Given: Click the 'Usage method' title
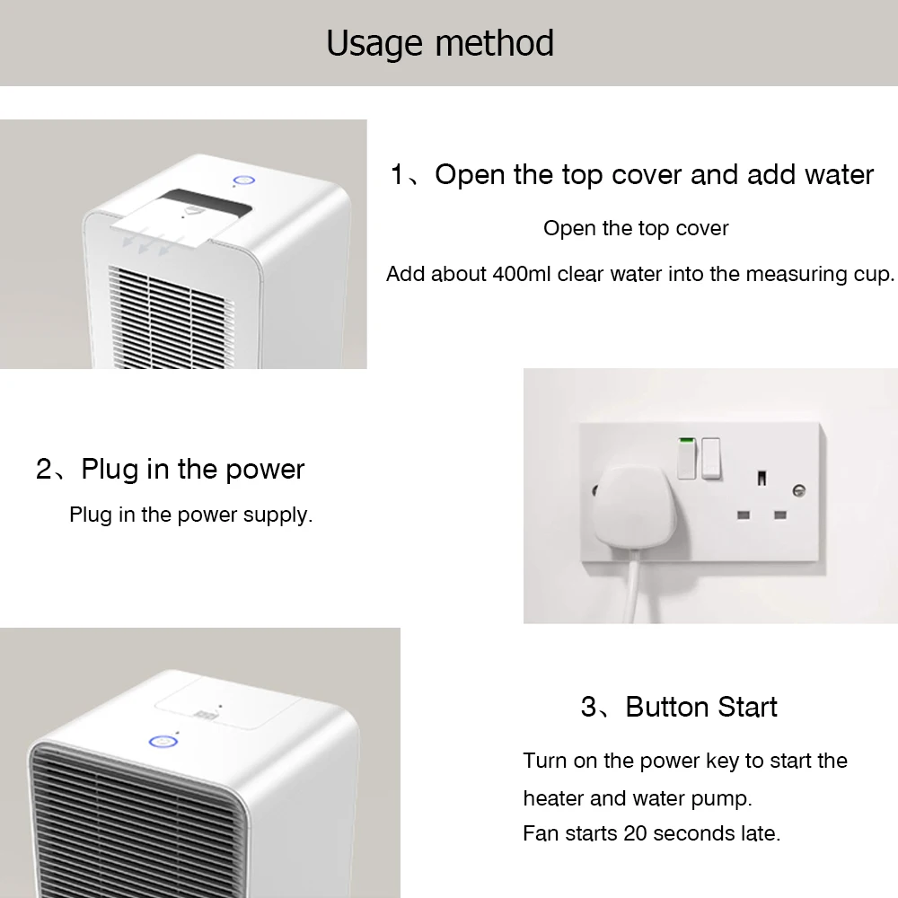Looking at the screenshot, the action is point(440,43).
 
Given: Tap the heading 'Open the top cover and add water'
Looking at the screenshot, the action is point(654,175).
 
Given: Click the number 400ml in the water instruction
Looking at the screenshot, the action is point(521,274).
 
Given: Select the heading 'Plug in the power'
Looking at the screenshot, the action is point(192,470).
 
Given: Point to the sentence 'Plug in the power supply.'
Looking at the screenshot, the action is point(190,515).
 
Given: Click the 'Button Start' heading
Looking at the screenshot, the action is point(701,707).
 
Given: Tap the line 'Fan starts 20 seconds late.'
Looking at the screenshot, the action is point(652,833).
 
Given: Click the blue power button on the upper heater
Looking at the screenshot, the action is point(243,181).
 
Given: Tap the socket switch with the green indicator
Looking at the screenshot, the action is point(687,458).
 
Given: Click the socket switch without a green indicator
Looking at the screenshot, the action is point(710,458).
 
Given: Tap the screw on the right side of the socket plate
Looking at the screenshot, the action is point(799,490).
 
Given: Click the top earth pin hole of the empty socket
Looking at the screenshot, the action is point(762,478).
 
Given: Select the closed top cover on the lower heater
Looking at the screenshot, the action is point(229,703).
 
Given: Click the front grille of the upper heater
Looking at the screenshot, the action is point(172,319).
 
